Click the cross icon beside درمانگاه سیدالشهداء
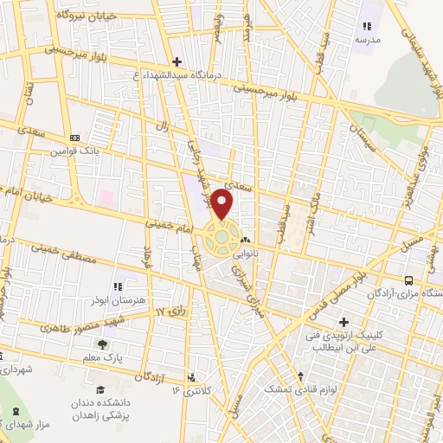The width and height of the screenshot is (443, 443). [177, 62]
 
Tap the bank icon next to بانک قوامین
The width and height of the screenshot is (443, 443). [75, 138]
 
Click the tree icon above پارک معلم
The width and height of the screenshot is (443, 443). [103, 344]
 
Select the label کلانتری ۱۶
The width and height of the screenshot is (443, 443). [191, 390]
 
